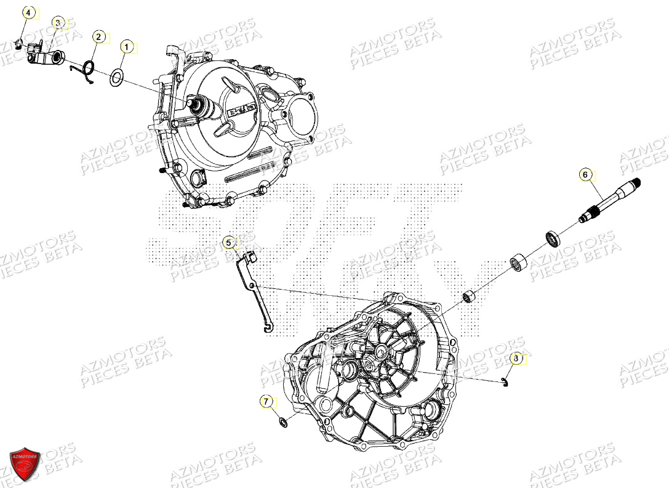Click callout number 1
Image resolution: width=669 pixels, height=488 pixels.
pyautogui.click(x=126, y=46)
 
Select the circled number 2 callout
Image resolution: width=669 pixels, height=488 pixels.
pyautogui.click(x=98, y=37)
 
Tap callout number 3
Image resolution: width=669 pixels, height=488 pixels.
pyautogui.click(x=57, y=23)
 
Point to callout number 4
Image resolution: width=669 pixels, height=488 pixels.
pyautogui.click(x=27, y=12)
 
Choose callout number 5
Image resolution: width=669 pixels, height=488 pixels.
pyautogui.click(x=228, y=243)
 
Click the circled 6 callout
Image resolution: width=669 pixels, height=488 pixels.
pyautogui.click(x=586, y=175)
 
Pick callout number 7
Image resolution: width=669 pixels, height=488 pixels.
pyautogui.click(x=266, y=402)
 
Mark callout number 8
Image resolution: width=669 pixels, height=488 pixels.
pyautogui.click(x=517, y=357)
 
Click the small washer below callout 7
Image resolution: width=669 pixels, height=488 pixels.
pyautogui.click(x=284, y=423)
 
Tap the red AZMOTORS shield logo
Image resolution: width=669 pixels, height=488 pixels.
pyautogui.click(x=25, y=463)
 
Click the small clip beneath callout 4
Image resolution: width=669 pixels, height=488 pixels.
pyautogui.click(x=19, y=43)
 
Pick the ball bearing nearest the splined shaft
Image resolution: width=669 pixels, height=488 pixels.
pyautogui.click(x=552, y=238)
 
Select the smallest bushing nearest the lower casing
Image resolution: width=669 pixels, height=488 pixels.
pyautogui.click(x=471, y=297)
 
